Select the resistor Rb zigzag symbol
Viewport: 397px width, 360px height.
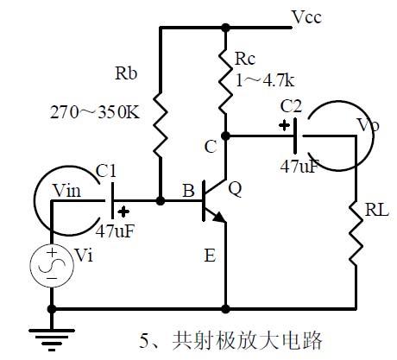click(x=161, y=126)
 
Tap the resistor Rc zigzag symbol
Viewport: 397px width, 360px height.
click(x=224, y=90)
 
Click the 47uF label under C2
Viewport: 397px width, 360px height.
click(x=301, y=165)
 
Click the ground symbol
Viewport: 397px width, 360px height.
click(x=52, y=329)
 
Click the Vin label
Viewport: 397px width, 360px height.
click(x=67, y=192)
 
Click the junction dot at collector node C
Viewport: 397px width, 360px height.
click(x=224, y=135)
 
